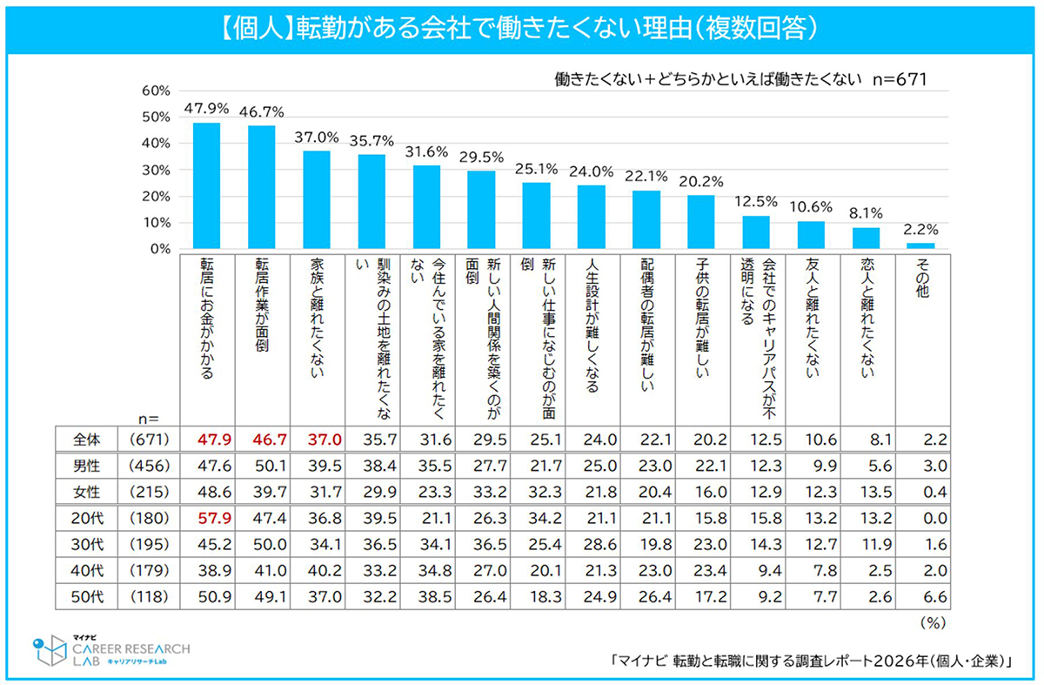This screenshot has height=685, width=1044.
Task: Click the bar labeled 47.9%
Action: click(x=206, y=185)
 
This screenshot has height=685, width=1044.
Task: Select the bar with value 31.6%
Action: click(x=426, y=207)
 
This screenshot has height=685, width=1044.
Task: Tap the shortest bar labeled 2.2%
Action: click(x=921, y=245)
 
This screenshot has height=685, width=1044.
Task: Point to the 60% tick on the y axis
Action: click(x=156, y=91)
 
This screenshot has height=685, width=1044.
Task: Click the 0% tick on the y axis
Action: click(x=160, y=249)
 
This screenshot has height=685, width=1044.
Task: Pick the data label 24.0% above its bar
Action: click(x=591, y=171)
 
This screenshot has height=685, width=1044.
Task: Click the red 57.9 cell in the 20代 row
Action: click(x=214, y=518)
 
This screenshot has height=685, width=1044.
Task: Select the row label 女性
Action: click(x=86, y=492)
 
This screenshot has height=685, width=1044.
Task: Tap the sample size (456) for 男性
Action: click(x=149, y=466)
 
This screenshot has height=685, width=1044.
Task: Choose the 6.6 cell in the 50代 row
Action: click(x=935, y=596)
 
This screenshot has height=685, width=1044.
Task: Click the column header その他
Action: click(x=922, y=278)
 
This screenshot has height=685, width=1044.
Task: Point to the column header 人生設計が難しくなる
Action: click(x=592, y=326)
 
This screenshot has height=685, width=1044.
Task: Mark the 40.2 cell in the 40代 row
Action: click(x=325, y=570)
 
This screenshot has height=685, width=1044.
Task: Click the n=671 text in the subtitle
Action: click(x=900, y=80)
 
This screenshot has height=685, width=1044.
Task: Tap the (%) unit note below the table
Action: click(x=933, y=623)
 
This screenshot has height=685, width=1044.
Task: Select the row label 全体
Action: click(x=86, y=440)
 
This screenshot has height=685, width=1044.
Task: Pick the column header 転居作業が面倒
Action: click(x=262, y=306)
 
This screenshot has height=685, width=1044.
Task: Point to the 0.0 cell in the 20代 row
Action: click(x=935, y=518)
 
